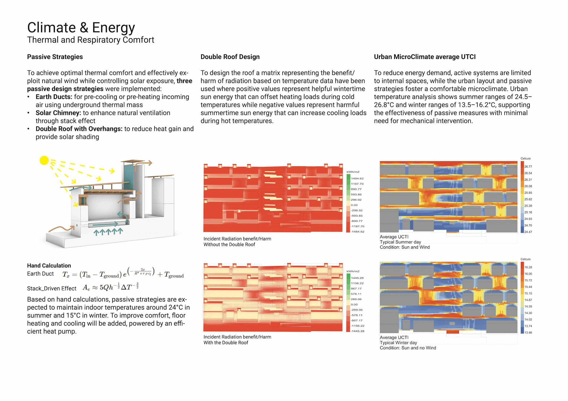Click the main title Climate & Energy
(x=81, y=27)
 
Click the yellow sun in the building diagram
(x=44, y=160)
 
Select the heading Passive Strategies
(x=55, y=57)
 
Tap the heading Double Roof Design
(x=230, y=57)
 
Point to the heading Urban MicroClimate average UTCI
(x=425, y=57)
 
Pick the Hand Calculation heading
(x=49, y=265)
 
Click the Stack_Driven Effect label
(x=51, y=288)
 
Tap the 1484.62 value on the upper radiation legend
(x=357, y=178)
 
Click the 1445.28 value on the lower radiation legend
(x=357, y=278)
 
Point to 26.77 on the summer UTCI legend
(x=528, y=167)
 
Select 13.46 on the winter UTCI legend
(x=528, y=333)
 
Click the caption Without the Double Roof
(x=229, y=245)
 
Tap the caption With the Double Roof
(x=226, y=343)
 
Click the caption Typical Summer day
(x=400, y=242)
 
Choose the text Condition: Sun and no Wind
(x=408, y=348)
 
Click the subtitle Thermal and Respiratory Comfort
(x=91, y=40)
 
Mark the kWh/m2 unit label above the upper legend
(x=353, y=172)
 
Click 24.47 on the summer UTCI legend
(x=528, y=232)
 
